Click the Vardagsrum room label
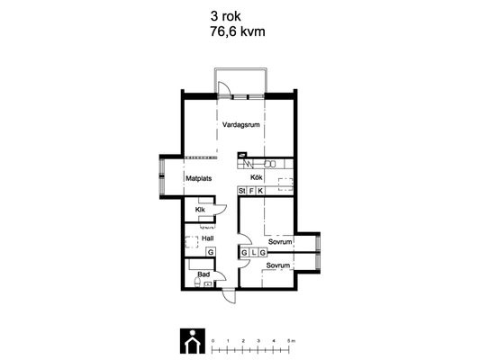[241, 125]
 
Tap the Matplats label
[199, 178]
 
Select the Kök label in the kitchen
[257, 177]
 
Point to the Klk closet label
[200, 210]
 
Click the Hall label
[207, 238]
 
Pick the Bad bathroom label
[204, 274]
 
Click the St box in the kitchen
[242, 191]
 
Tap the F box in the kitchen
[251, 191]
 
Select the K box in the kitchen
[260, 191]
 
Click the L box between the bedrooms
[254, 253]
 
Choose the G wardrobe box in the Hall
[211, 252]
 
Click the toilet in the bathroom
[197, 282]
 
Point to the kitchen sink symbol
[270, 164]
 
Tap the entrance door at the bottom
[229, 295]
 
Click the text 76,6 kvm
[238, 31]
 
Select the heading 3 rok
[226, 16]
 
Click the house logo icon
[193, 341]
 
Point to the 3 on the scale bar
[258, 341]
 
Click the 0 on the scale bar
[213, 341]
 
